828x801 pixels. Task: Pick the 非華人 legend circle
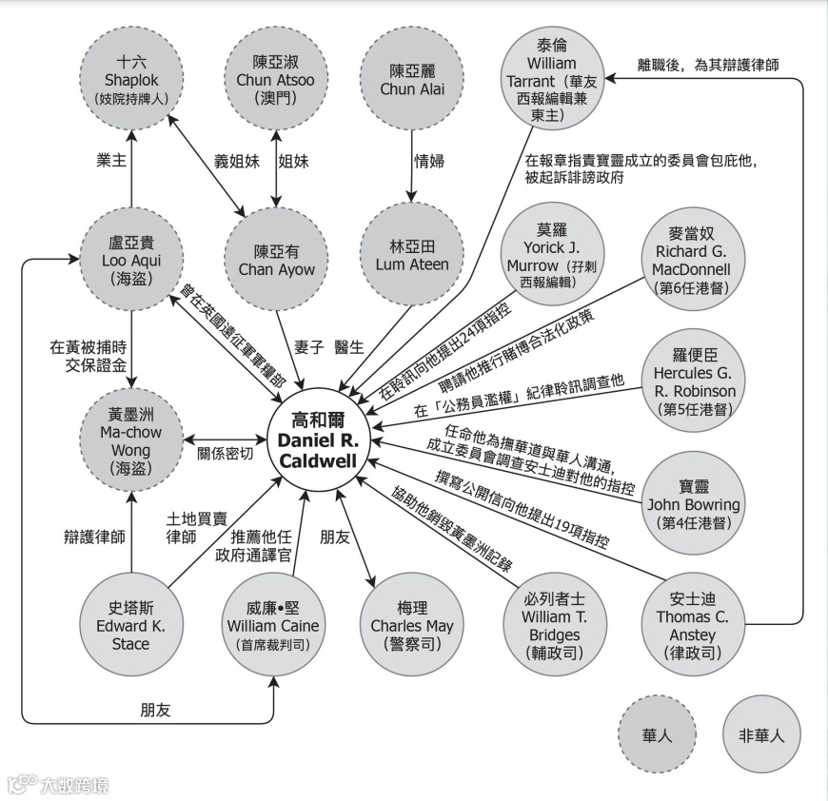tap(761, 735)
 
